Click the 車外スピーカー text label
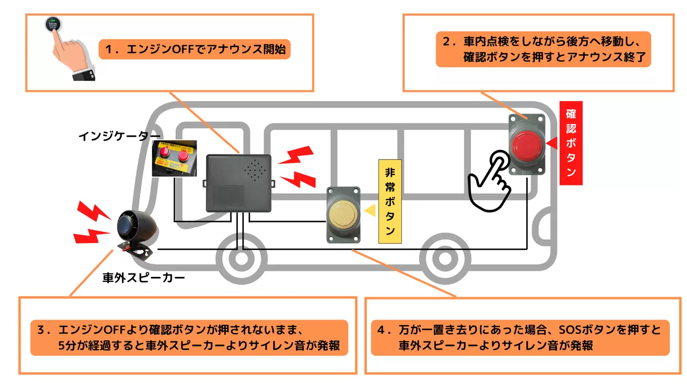(x=143, y=277)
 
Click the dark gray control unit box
(x=239, y=183)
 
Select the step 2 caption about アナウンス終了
(x=543, y=50)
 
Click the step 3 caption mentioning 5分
(x=189, y=337)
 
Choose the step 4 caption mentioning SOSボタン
(x=520, y=337)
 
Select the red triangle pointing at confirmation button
(x=552, y=143)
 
